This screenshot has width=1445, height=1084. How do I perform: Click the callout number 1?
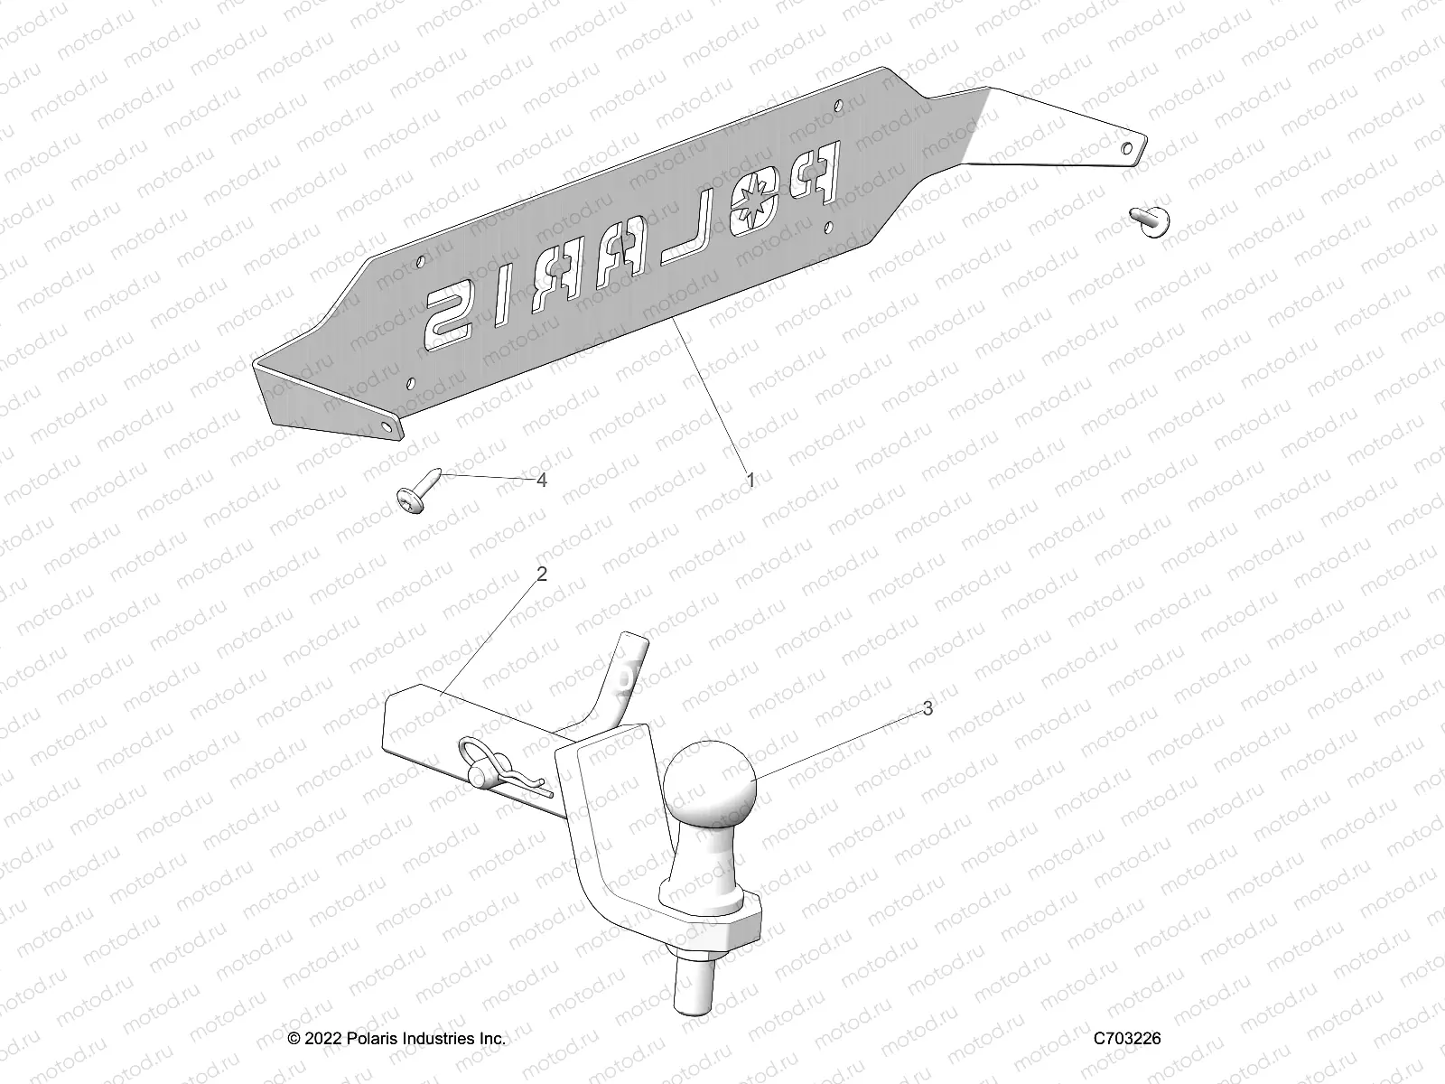pyautogui.click(x=749, y=481)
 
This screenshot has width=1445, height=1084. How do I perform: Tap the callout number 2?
pyautogui.click(x=542, y=575)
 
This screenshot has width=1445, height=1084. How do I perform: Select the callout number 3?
pyautogui.click(x=927, y=709)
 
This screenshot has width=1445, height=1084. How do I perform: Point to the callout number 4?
pyautogui.click(x=542, y=481)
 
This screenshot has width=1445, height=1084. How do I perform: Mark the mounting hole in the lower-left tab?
pyautogui.click(x=387, y=423)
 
